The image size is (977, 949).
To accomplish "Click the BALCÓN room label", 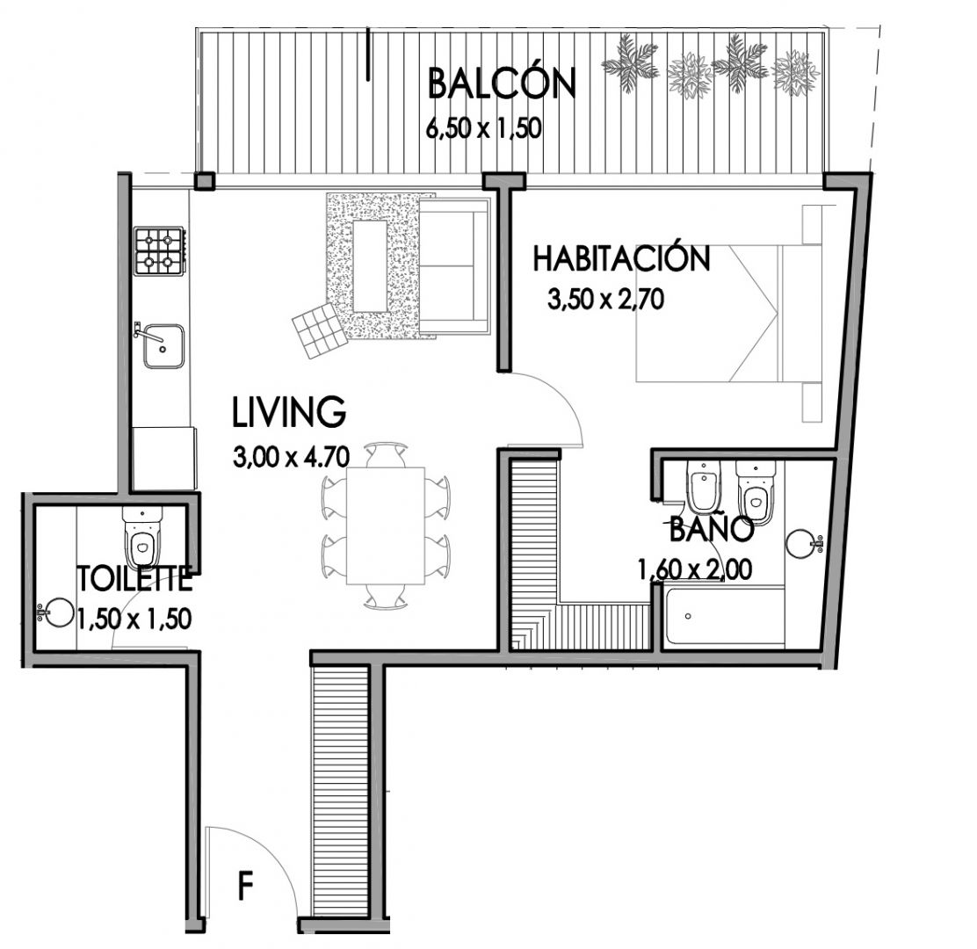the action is (x=502, y=84).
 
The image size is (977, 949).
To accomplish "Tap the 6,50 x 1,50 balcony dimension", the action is (x=483, y=129).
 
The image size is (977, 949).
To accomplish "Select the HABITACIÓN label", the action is (x=621, y=258).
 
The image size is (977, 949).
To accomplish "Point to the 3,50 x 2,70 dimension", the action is (x=605, y=300).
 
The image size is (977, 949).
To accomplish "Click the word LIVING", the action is (x=289, y=411).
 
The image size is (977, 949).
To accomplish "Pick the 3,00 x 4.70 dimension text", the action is (x=291, y=457).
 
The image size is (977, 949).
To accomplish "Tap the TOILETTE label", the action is (x=134, y=579).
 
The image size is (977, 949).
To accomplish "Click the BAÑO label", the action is (x=712, y=530).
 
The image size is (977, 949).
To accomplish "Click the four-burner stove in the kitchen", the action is (x=160, y=251).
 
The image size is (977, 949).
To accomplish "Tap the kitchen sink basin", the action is (x=163, y=346).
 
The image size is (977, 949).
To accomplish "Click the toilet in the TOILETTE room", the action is (x=143, y=538).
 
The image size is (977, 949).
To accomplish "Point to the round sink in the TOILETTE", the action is (x=61, y=611).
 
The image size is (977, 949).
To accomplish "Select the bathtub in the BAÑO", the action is (x=724, y=616).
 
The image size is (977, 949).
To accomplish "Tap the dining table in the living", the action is (x=386, y=526).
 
